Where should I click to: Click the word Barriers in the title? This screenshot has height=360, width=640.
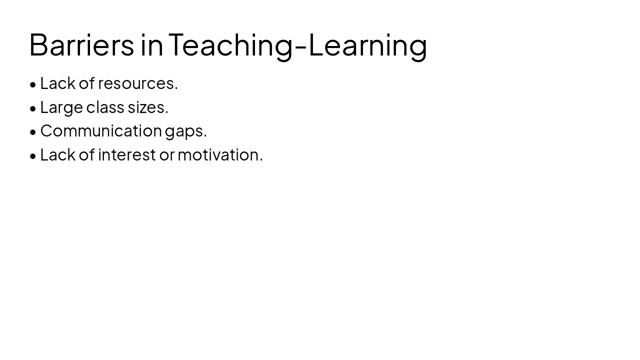coord(81,44)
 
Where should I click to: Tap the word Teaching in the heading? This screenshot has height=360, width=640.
coord(230,44)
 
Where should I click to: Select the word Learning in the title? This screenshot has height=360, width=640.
coord(368,44)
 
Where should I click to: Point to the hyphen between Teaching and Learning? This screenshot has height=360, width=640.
coord(300,46)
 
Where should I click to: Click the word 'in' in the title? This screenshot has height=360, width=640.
coord(151,44)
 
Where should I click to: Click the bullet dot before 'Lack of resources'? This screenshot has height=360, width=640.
coord(33,84)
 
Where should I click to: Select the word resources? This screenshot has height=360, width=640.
coord(137,83)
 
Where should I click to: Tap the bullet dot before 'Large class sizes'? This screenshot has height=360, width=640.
coord(33,108)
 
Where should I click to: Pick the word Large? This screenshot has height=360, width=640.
coord(61,107)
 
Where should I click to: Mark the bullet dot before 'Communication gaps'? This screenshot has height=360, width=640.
coord(33,132)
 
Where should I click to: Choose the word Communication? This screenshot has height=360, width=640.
coord(101,131)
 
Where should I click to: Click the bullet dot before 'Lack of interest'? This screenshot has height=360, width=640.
coord(33,156)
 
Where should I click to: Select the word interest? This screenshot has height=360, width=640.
coord(127,155)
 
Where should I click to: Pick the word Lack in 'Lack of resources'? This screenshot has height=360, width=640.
coord(57,83)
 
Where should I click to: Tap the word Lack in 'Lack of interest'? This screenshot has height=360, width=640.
coord(57,155)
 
